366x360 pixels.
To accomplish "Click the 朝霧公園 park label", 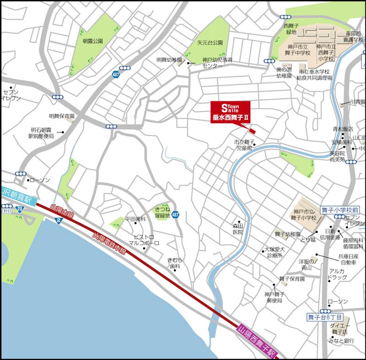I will (93, 41).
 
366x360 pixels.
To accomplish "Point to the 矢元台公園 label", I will (210, 42).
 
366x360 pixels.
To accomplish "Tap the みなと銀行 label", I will (341, 341).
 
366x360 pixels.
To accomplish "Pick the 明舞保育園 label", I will (62, 117).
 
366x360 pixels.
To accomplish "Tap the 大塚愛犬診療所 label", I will (274, 252).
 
